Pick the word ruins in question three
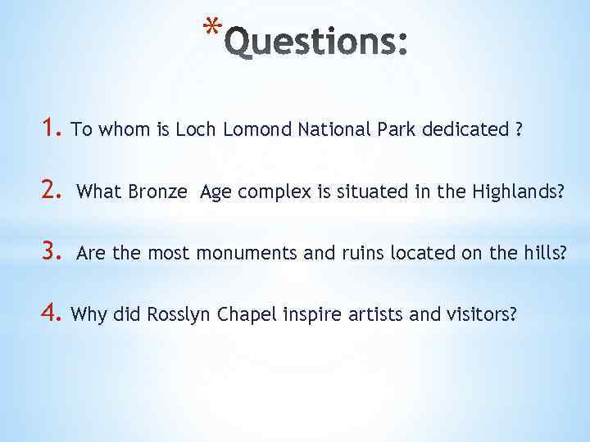point(363,254)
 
